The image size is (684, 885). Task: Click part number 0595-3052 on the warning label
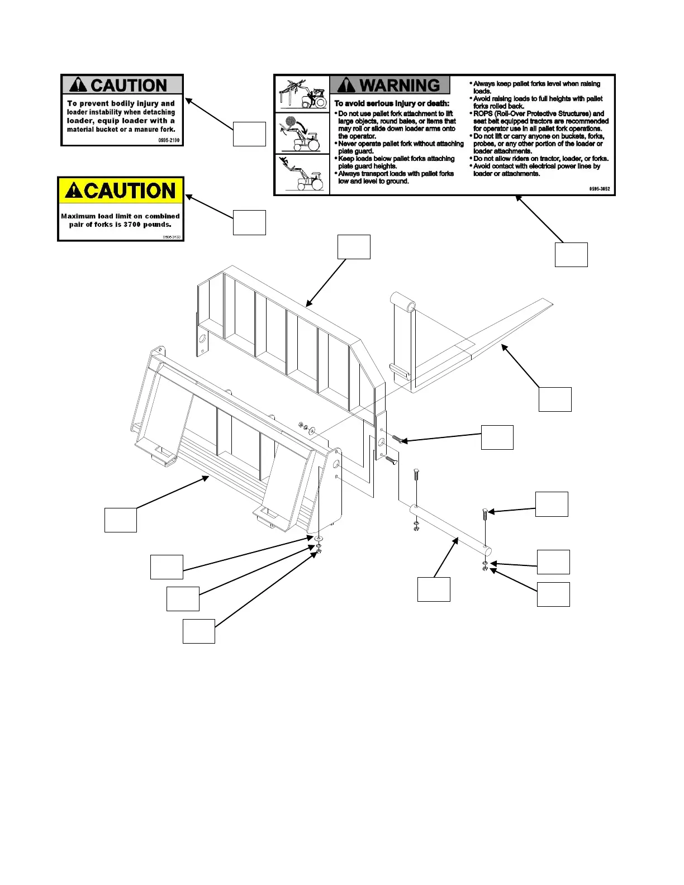pos(599,189)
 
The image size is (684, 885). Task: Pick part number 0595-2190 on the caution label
pos(169,140)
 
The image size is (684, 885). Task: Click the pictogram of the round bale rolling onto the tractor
pos(302,134)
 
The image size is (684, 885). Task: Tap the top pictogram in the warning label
pos(302,94)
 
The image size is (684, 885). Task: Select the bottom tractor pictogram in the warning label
pos(302,174)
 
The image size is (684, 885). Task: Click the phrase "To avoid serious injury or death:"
pos(391,103)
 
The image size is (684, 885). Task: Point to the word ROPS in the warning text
pos(483,113)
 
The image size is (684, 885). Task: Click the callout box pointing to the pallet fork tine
pos(554,399)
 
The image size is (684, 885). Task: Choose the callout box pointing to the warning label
pos(571,254)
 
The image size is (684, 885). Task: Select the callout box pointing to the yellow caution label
pos(249,222)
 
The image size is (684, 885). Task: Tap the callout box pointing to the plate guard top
pos(354,247)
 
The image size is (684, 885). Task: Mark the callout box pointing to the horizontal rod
pos(434,589)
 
